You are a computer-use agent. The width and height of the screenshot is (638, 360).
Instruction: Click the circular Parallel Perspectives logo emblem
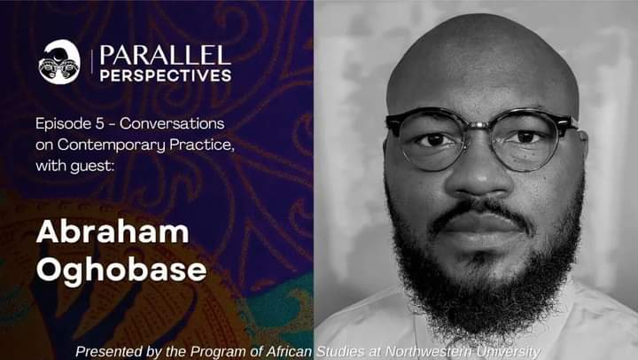coord(59,62)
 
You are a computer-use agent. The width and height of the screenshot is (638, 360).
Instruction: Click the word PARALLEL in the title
coord(165,55)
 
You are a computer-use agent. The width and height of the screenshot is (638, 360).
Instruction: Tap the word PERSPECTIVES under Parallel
coord(166,75)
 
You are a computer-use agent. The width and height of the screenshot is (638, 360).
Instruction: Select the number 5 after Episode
coord(100,123)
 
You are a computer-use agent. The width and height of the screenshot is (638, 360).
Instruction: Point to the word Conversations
coord(172,123)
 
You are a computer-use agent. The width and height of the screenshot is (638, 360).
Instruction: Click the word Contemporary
coord(111,145)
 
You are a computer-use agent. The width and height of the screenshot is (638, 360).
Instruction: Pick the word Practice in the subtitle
coord(201,145)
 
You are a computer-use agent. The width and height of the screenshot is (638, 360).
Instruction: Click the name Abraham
coord(113,231)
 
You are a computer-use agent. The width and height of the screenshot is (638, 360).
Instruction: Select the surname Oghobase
coord(121,270)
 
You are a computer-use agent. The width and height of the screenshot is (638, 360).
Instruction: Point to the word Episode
coord(64,124)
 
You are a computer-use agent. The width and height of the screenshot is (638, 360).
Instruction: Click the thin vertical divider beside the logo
coord(91,62)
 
